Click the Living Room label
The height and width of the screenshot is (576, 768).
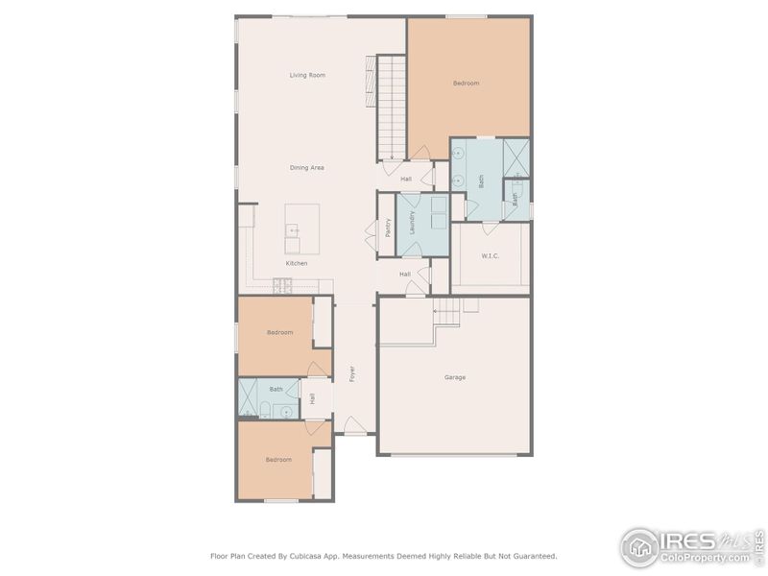pos(307,75)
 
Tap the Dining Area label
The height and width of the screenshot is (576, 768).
pos(307,168)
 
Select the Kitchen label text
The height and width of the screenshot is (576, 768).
pos(297,263)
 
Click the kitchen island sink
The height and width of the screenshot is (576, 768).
pos(294,231)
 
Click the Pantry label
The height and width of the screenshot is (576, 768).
pos(388,228)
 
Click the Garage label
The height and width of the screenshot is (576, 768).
pos(455,377)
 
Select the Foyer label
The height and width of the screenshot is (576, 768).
pos(352,373)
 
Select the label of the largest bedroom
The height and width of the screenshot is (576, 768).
pos(467,84)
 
